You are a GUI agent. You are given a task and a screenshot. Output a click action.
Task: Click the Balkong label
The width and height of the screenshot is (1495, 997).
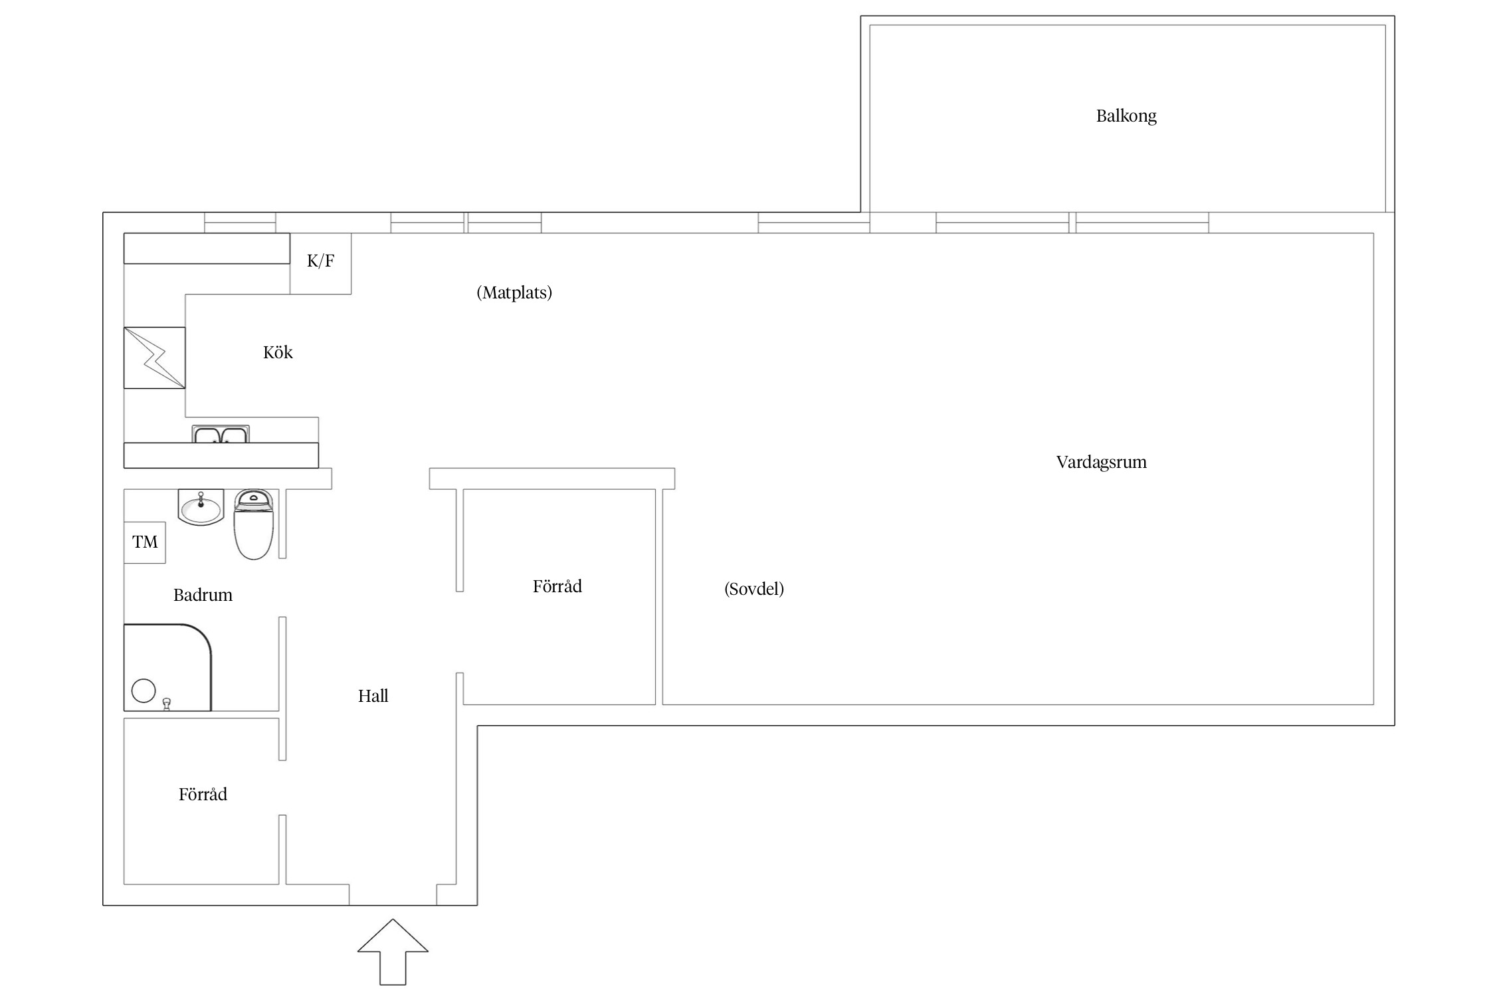point(1126,116)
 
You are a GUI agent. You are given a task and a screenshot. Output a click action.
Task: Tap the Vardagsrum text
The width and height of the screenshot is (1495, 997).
point(1102,462)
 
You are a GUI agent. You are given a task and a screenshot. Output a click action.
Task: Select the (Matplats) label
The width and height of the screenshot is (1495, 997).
point(514,292)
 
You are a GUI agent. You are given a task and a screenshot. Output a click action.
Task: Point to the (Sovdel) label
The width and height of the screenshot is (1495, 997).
point(754,589)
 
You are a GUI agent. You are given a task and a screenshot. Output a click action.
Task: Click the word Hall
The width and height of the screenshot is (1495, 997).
point(373,696)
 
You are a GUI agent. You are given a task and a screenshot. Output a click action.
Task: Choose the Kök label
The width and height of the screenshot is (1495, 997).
point(278,352)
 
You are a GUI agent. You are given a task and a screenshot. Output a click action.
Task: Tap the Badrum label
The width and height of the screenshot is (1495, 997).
point(203,595)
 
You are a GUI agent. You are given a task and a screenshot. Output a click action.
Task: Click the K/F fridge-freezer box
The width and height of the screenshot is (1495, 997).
point(320,263)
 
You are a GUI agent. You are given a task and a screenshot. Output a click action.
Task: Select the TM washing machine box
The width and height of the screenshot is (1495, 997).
point(145,542)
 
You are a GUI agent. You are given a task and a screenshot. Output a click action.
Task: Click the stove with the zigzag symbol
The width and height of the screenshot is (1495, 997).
point(155,358)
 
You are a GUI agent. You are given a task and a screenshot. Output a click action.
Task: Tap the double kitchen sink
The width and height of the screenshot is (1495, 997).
point(221,434)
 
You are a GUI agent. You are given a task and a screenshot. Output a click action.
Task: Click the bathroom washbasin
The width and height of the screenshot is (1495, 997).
point(201,507)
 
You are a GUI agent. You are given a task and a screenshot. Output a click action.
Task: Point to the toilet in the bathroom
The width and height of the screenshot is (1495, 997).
point(254,524)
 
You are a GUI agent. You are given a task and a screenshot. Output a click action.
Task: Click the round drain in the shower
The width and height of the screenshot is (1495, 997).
point(144,691)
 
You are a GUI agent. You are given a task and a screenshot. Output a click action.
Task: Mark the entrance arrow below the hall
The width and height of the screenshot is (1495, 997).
point(393,952)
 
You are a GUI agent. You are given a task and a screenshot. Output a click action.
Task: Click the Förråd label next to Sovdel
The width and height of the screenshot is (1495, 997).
point(557,586)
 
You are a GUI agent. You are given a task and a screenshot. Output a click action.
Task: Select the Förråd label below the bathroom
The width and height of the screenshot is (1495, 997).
point(203,794)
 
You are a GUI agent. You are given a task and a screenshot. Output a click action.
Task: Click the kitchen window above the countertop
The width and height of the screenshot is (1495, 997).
point(240,223)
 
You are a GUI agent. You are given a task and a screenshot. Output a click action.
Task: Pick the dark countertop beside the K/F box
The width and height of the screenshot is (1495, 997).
point(207,248)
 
